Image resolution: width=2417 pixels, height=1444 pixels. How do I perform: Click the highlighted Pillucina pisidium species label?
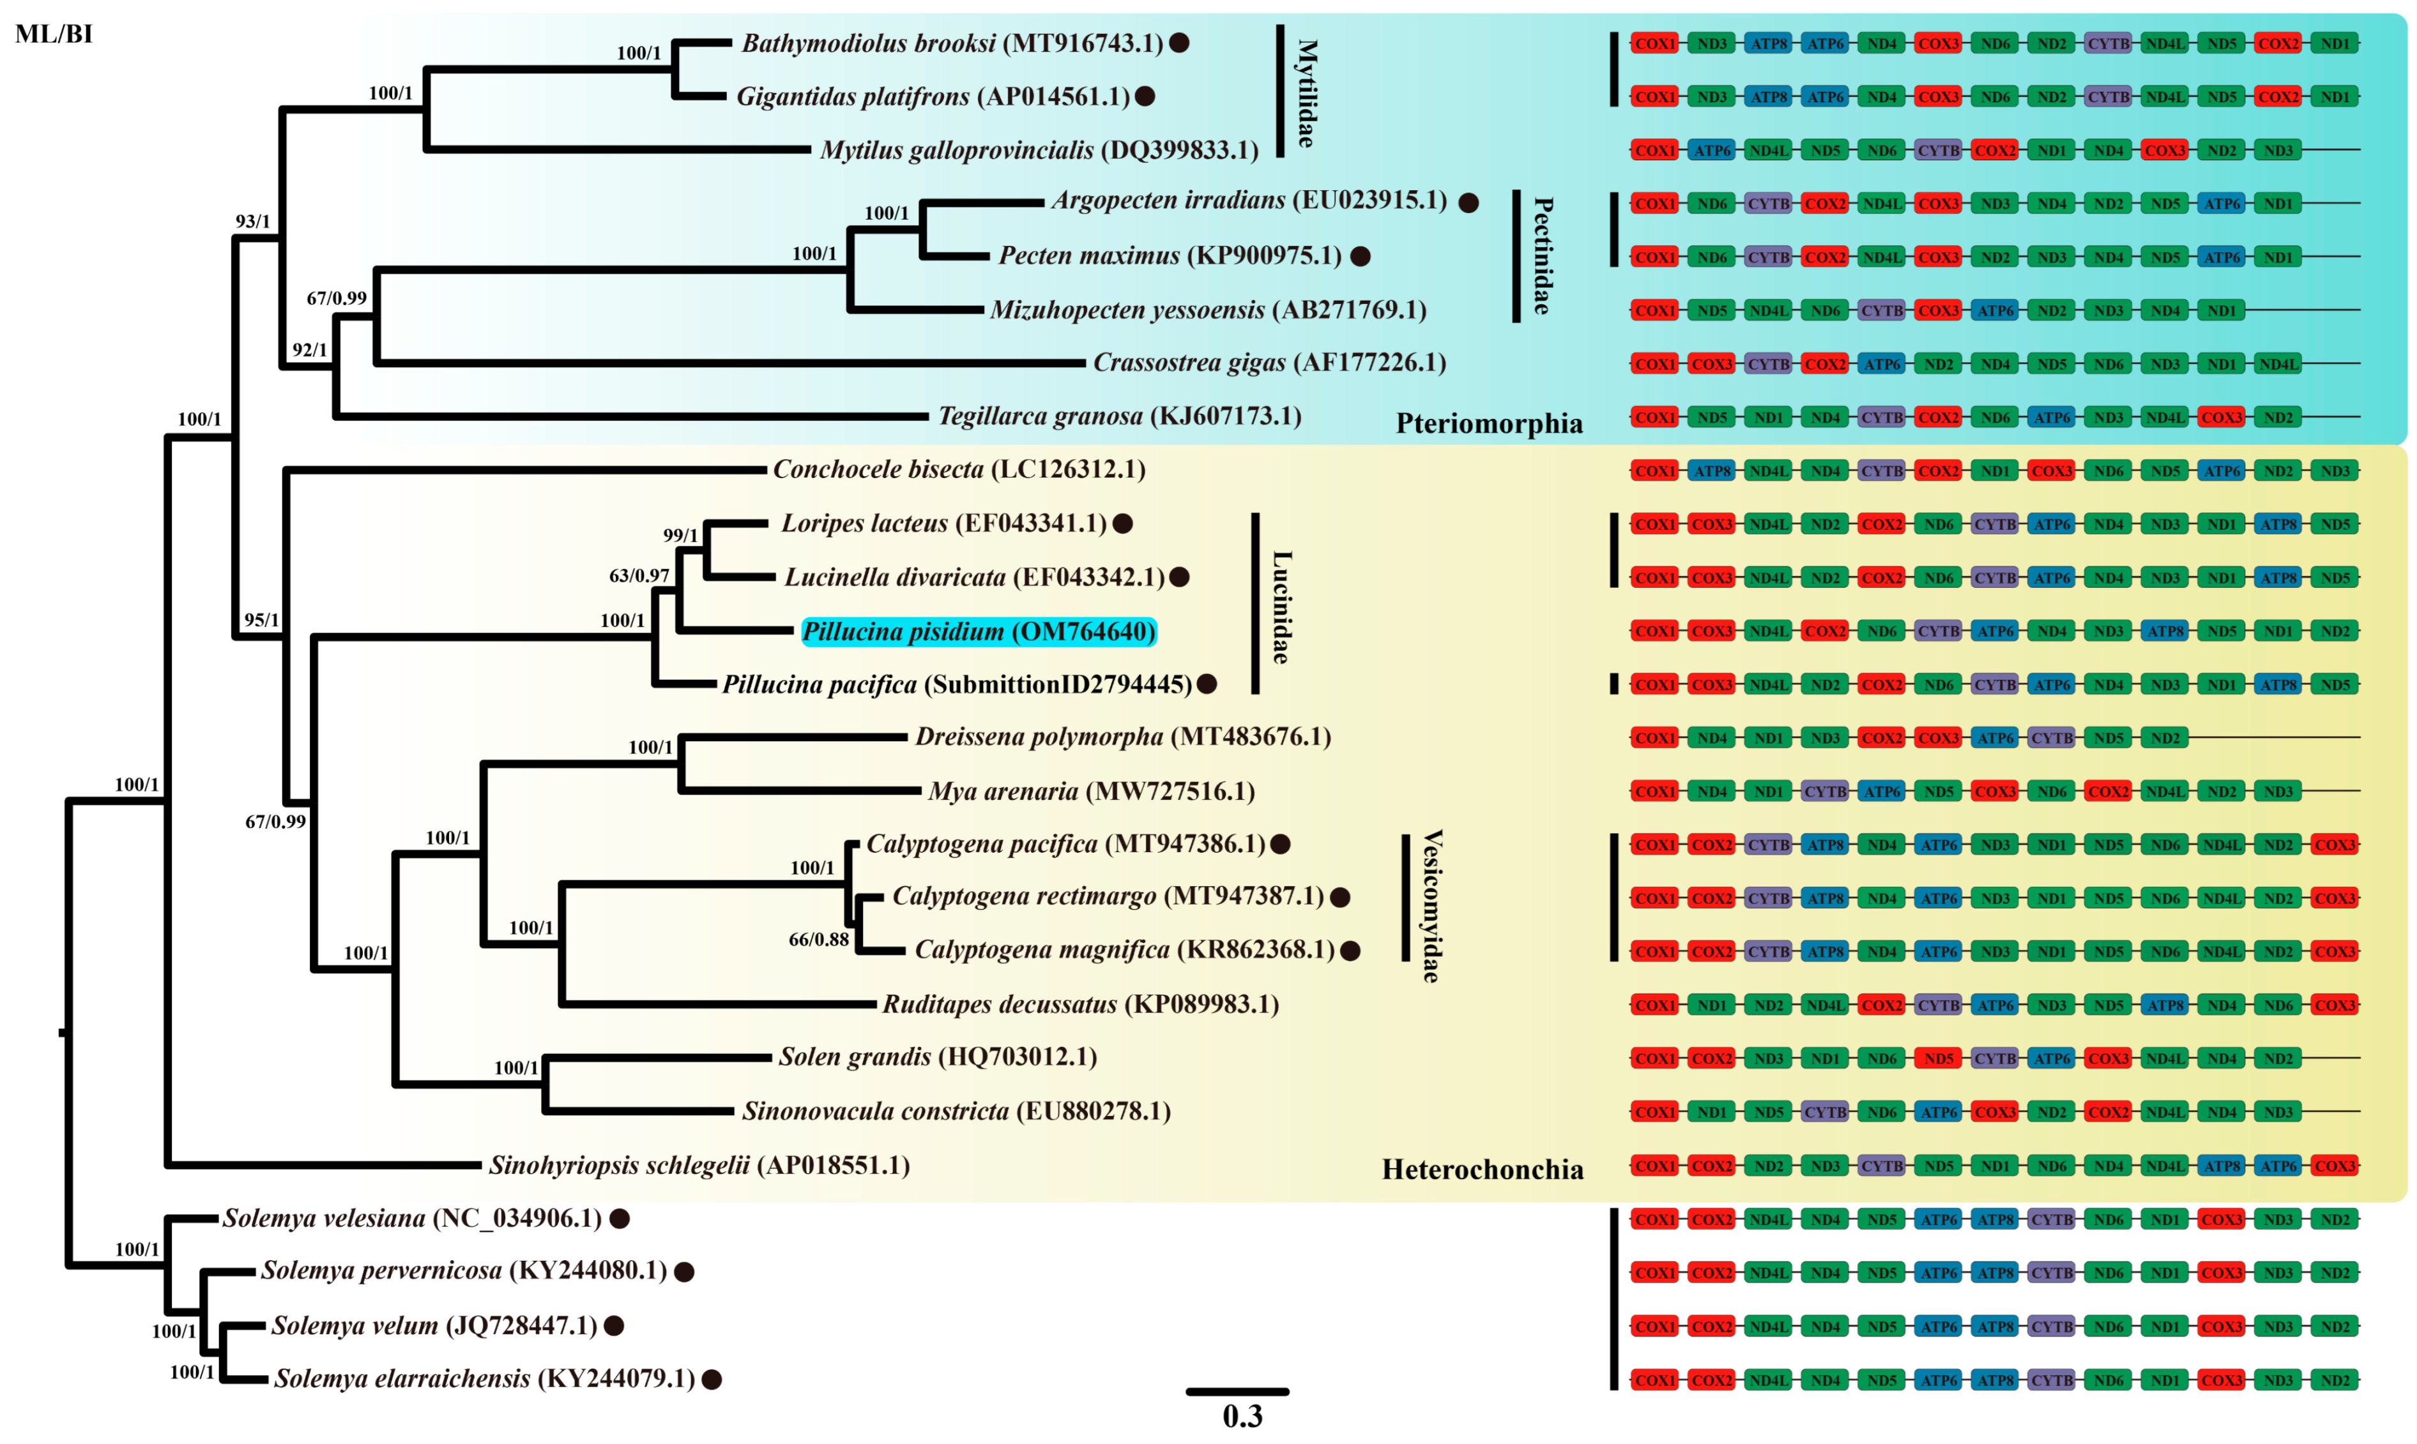(979, 631)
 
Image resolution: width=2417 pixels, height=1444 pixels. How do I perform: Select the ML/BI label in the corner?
(54, 34)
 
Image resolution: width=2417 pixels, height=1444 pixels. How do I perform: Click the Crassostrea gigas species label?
(1269, 363)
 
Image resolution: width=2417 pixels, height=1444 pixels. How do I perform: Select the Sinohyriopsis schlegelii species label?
(699, 1165)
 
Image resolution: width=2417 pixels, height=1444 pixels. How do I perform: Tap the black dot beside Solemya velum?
(613, 1325)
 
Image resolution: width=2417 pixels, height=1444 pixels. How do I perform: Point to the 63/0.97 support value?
(639, 575)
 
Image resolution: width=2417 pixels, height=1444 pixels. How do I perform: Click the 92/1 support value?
(310, 349)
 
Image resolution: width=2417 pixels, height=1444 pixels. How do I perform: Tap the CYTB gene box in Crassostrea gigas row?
(1768, 364)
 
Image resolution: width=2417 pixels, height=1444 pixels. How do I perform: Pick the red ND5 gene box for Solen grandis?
(1938, 1058)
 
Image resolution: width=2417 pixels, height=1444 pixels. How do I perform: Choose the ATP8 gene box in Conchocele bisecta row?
(1711, 471)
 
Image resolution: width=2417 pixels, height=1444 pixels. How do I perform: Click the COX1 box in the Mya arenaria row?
(1655, 791)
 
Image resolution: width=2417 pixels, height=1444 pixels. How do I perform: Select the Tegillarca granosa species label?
(1120, 416)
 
